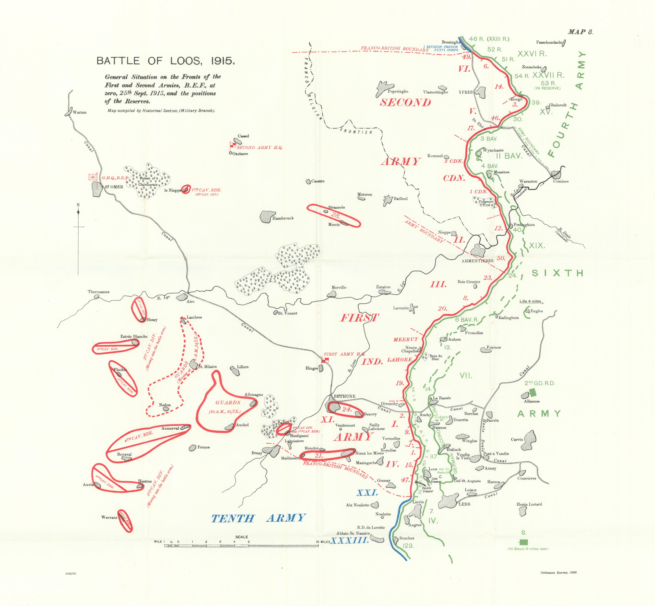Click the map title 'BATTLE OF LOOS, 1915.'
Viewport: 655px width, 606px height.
coord(166,61)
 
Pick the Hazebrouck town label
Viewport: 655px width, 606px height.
coord(283,218)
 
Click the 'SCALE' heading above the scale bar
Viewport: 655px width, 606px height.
coord(242,537)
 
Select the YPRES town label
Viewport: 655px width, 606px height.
coord(466,92)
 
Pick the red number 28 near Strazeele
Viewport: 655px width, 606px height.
coord(336,215)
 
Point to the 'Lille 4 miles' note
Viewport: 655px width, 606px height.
coord(530,301)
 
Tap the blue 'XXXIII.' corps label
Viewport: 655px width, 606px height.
coord(350,541)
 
